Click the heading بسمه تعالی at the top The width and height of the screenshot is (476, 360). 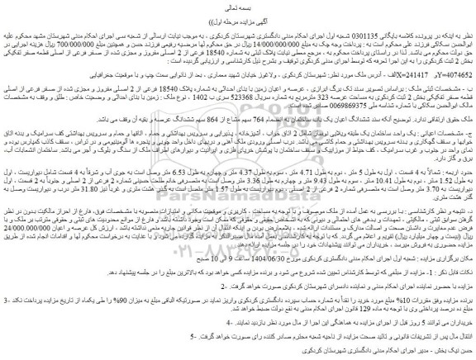click(237, 7)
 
